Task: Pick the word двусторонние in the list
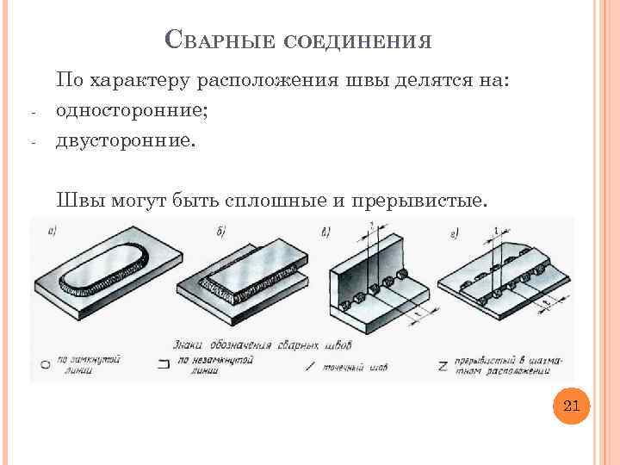(x=125, y=139)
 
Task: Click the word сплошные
(x=275, y=201)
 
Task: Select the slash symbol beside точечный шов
(x=310, y=365)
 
